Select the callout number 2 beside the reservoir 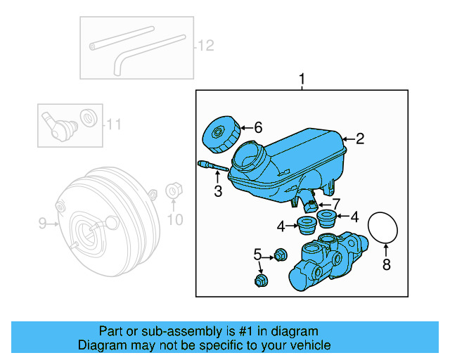click(x=360, y=139)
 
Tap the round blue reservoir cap click(x=217, y=136)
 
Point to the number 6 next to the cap click(x=257, y=127)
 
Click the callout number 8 click(x=385, y=265)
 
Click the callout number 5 click(x=257, y=253)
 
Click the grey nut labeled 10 click(x=172, y=191)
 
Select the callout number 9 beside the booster click(x=41, y=224)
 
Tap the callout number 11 click(x=114, y=125)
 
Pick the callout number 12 click(x=204, y=46)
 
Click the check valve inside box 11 click(x=58, y=126)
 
